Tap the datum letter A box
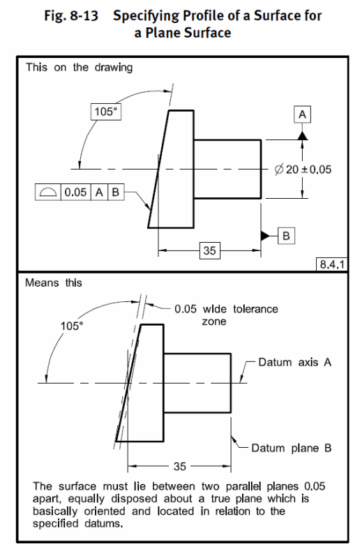click(303, 114)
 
